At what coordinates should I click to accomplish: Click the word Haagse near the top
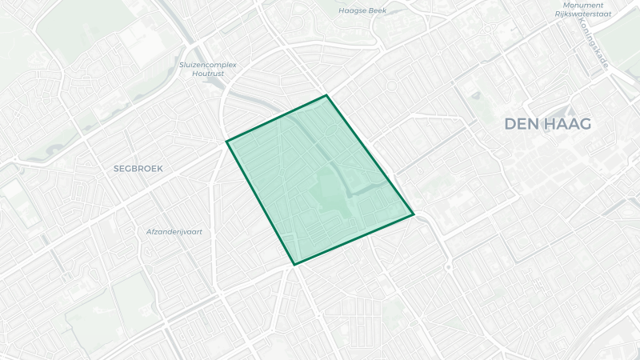coord(354,11)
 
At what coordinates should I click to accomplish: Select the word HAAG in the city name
coord(569,124)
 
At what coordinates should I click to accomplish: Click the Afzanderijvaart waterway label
coord(174,231)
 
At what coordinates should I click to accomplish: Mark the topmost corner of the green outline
coord(326,96)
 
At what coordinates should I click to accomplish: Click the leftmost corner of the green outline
coord(227,142)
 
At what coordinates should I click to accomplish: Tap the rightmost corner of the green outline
coord(414,214)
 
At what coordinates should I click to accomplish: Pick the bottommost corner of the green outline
coord(294,264)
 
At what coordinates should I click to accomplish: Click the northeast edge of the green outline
coord(370,155)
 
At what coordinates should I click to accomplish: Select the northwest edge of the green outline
coord(277,118)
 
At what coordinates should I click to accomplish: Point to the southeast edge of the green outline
coord(354,239)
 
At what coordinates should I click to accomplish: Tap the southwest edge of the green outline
coord(261,202)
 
